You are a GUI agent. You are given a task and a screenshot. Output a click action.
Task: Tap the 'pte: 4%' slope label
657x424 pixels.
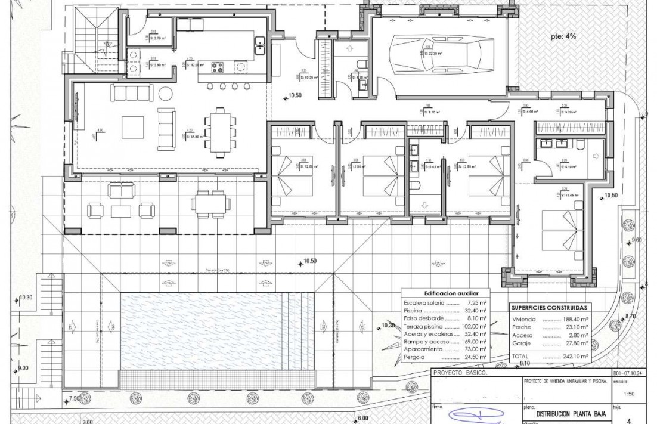(563, 36)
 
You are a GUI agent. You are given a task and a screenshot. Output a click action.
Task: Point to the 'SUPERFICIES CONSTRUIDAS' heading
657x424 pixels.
(549, 308)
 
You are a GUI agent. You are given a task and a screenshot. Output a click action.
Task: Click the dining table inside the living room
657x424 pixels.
(220, 132)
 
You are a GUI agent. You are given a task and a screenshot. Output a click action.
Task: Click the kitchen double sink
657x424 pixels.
(261, 45)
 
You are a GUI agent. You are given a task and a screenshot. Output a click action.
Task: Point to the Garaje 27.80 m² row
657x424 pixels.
(549, 343)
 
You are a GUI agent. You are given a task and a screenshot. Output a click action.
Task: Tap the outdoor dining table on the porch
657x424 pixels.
(211, 203)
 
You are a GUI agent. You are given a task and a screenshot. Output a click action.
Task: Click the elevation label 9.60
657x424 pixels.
(636, 240)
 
